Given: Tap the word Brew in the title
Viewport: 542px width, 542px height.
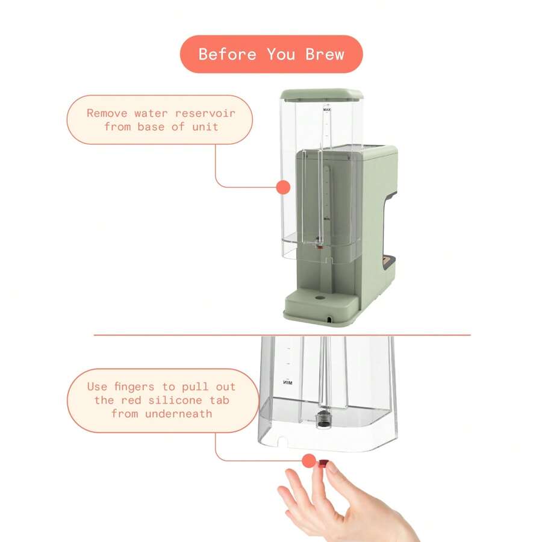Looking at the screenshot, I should point(325,54).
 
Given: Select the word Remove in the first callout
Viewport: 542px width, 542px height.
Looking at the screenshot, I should point(107,113).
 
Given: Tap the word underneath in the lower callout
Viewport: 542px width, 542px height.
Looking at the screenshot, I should point(178,413).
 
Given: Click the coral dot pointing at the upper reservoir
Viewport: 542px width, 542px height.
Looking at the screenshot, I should point(283,187).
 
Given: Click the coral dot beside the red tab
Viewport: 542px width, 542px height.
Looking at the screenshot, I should point(309,461).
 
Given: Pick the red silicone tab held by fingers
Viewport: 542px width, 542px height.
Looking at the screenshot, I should point(323,464).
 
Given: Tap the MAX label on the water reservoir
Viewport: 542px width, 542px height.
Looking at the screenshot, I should point(327,110).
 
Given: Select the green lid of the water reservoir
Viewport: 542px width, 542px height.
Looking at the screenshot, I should point(321,95).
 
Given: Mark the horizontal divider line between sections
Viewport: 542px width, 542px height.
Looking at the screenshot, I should point(181,335).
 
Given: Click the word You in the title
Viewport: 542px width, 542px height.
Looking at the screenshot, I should point(280,54).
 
